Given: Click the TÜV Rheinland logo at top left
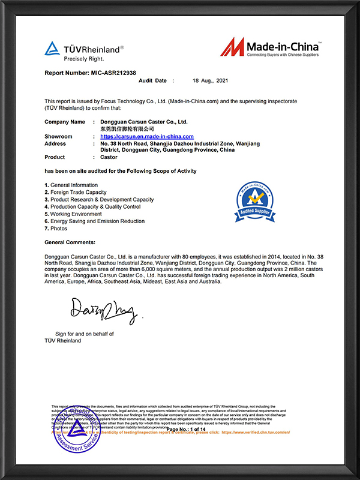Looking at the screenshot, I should [84, 51].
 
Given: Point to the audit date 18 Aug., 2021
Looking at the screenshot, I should [211, 80].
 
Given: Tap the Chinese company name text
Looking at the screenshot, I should [127, 129].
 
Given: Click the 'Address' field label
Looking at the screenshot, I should [55, 144].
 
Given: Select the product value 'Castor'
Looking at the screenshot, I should [109, 157].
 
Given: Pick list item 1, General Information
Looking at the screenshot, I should [71, 185].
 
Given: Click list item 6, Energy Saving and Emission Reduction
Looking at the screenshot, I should [95, 221].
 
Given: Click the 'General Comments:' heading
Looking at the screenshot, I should [70, 242].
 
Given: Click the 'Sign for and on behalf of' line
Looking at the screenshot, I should [85, 334].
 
